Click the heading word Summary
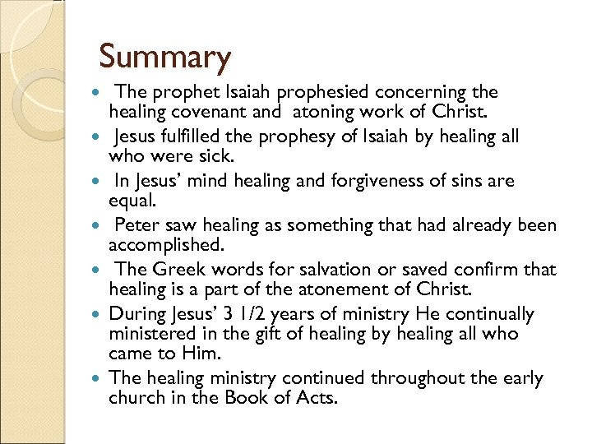[165, 58]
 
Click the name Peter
[137, 225]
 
